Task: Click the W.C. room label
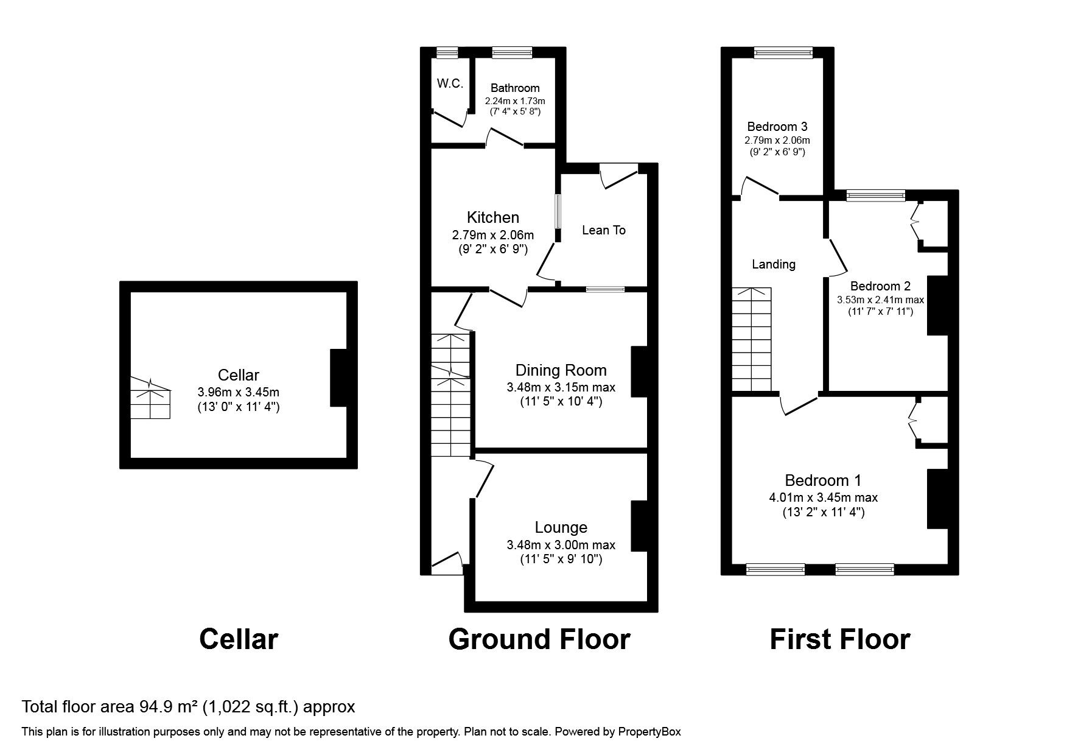(450, 84)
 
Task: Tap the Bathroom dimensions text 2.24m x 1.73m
(515, 100)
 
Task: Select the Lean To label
(603, 230)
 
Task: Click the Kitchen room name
(492, 217)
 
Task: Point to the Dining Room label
(561, 370)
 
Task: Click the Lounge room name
(561, 527)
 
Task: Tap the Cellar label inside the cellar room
(238, 376)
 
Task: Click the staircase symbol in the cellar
(150, 399)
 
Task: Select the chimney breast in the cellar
(339, 377)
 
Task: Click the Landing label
(773, 264)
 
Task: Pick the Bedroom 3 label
(777, 127)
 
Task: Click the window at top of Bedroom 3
(783, 54)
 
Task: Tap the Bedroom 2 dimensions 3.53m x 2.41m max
(880, 300)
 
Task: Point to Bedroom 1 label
(823, 480)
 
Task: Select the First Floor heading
(839, 639)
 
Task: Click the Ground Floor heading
(539, 639)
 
